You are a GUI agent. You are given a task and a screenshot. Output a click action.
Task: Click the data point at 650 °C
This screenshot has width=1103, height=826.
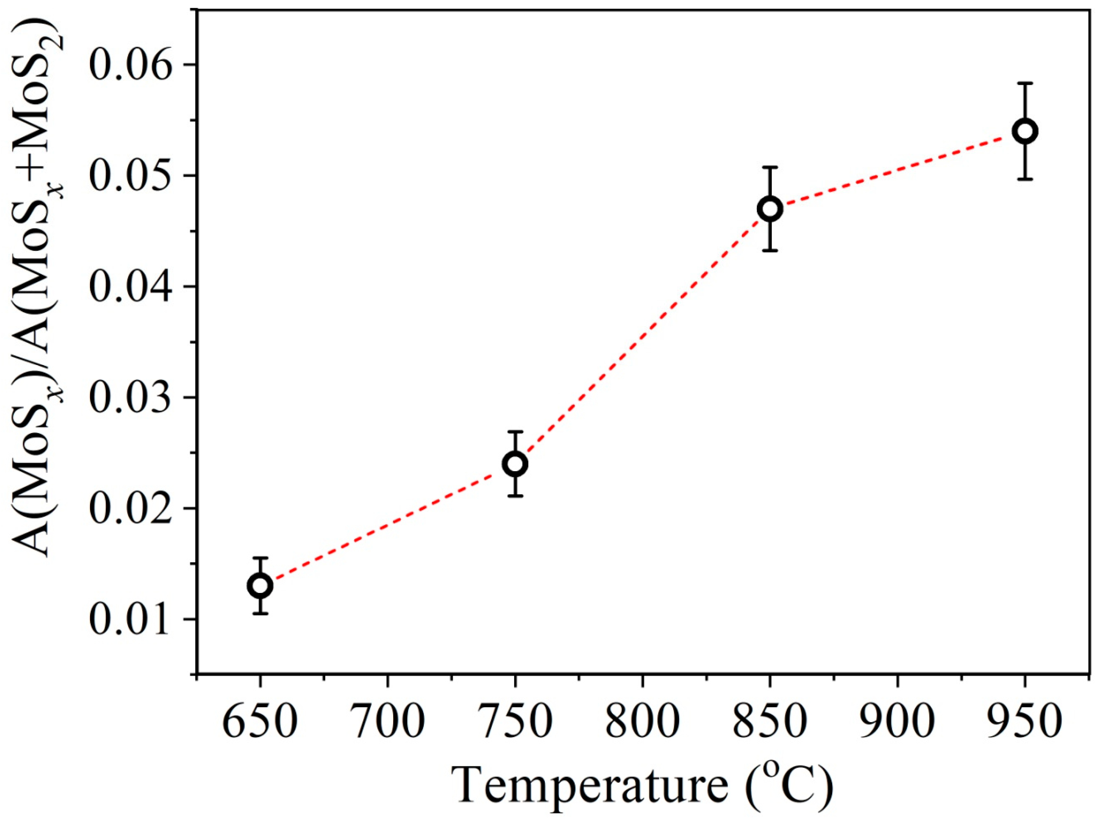click(260, 585)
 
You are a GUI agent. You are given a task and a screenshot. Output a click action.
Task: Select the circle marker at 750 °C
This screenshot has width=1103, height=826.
click(515, 464)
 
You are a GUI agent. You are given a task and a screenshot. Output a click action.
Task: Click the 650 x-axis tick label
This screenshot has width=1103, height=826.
click(260, 721)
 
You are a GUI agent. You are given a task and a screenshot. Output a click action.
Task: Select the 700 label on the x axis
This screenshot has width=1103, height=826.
click(387, 721)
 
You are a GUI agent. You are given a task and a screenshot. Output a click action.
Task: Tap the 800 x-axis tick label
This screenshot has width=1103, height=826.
click(642, 721)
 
